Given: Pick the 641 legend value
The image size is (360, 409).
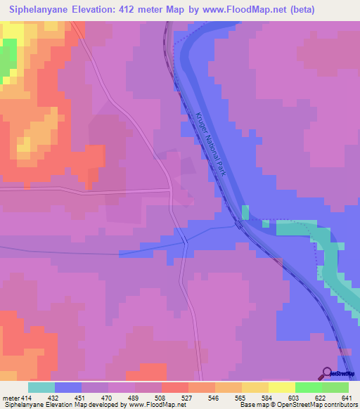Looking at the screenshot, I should [346, 397].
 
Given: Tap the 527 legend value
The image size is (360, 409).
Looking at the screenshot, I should [186, 397].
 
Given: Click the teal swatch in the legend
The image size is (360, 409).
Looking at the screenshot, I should [41, 387].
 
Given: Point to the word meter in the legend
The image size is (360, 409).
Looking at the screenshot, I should [10, 397].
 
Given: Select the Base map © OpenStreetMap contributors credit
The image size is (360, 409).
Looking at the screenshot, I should [300, 405].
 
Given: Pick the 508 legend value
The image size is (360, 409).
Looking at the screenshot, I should [160, 397].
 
